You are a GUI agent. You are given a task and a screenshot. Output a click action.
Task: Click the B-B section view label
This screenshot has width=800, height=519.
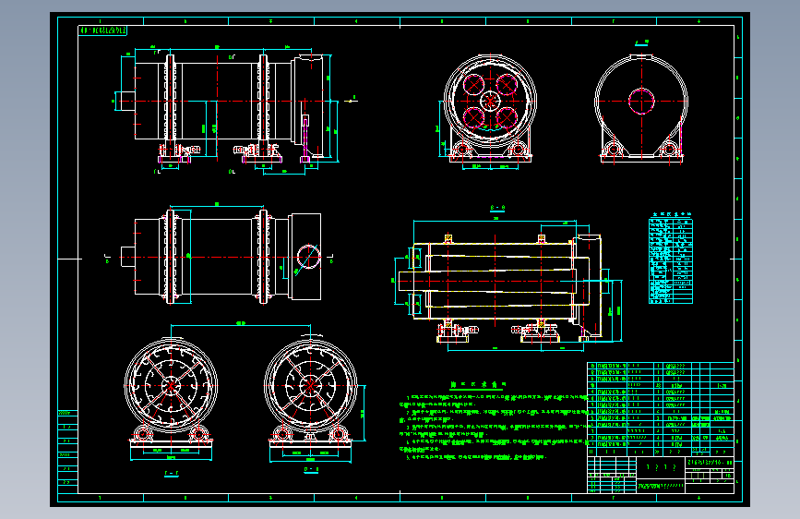pyautogui.click(x=496, y=208)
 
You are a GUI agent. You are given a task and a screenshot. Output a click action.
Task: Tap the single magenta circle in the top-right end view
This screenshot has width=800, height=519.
pyautogui.click(x=640, y=99)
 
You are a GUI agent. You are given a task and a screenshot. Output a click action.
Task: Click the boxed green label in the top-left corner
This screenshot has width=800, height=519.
pyautogui.click(x=104, y=30)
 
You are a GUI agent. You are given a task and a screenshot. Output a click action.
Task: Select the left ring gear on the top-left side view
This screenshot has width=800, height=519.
pyautogui.click(x=170, y=100)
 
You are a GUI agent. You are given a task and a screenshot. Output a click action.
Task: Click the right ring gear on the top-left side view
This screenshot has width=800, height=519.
pyautogui.click(x=263, y=100)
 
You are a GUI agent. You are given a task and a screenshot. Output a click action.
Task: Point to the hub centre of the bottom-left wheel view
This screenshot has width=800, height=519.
pyautogui.click(x=172, y=386)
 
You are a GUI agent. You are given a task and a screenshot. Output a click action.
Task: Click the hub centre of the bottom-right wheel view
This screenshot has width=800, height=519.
pyautogui.click(x=310, y=386)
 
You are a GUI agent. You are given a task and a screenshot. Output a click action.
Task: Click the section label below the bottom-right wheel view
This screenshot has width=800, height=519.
pyautogui.click(x=310, y=471)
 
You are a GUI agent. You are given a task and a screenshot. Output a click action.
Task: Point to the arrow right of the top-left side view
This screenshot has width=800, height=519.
pyautogui.click(x=354, y=97)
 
